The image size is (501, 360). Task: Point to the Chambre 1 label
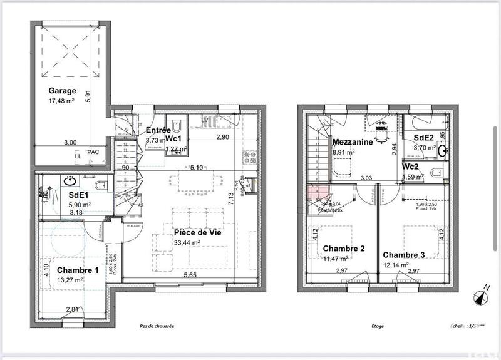click(x=78, y=270)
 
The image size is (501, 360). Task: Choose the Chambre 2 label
click(x=343, y=249)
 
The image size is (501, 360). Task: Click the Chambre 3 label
click(x=404, y=255)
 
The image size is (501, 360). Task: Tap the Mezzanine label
click(x=353, y=142)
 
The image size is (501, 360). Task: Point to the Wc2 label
click(x=411, y=167)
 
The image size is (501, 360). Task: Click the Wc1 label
click(x=173, y=138)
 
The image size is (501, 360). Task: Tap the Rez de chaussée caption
click(x=157, y=326)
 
